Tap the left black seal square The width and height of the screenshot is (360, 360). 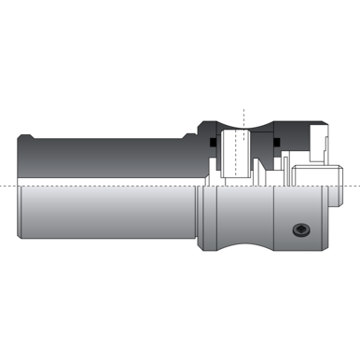(214, 144)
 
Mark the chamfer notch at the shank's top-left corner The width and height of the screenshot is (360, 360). (21, 139)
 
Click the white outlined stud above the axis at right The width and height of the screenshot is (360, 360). (317, 174)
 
